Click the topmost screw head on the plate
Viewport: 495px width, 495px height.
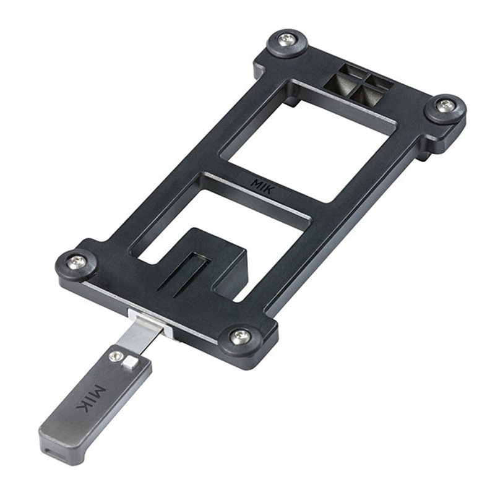click(287, 39)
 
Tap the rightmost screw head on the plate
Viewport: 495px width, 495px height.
click(445, 106)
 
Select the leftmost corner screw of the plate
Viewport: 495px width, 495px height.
click(77, 262)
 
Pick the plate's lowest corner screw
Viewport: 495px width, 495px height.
click(240, 337)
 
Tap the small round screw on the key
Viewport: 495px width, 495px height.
click(115, 356)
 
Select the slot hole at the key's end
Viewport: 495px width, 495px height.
click(53, 450)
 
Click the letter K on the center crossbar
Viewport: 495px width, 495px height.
click(269, 190)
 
